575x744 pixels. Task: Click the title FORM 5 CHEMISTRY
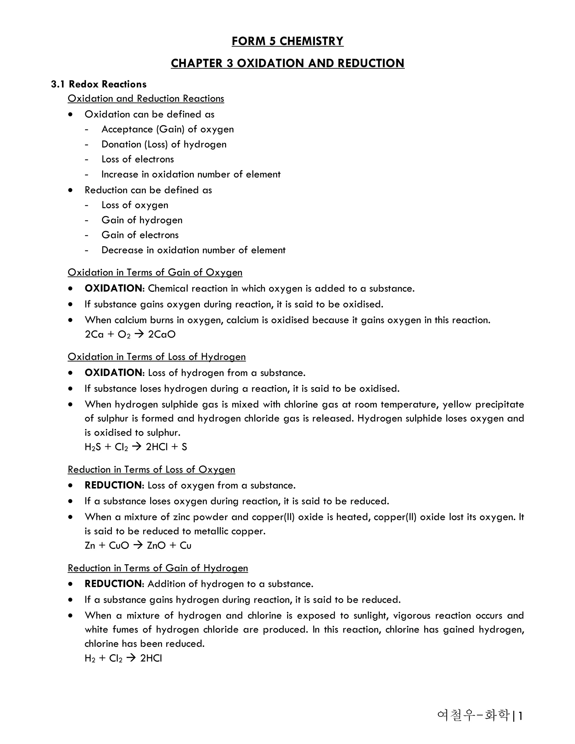(x=287, y=41)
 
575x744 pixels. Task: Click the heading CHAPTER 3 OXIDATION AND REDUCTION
(x=287, y=63)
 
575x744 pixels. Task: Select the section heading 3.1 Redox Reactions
(x=99, y=84)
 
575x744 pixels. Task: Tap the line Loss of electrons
(x=138, y=159)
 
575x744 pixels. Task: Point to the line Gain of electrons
(x=140, y=235)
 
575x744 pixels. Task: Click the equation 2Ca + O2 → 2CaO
(x=130, y=334)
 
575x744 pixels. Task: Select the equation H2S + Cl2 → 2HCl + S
(x=136, y=447)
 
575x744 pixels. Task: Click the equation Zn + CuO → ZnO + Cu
(x=138, y=546)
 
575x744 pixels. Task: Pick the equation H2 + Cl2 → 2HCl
(x=123, y=658)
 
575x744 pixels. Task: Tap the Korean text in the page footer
(x=473, y=715)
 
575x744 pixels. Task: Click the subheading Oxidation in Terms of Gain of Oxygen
(x=155, y=273)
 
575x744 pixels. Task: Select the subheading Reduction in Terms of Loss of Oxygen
(x=151, y=469)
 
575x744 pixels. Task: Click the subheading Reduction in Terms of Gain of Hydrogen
(x=158, y=568)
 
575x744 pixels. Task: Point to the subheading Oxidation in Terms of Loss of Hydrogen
(x=157, y=357)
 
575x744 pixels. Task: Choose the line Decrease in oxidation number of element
(x=193, y=250)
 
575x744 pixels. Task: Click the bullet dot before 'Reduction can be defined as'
(x=70, y=190)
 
